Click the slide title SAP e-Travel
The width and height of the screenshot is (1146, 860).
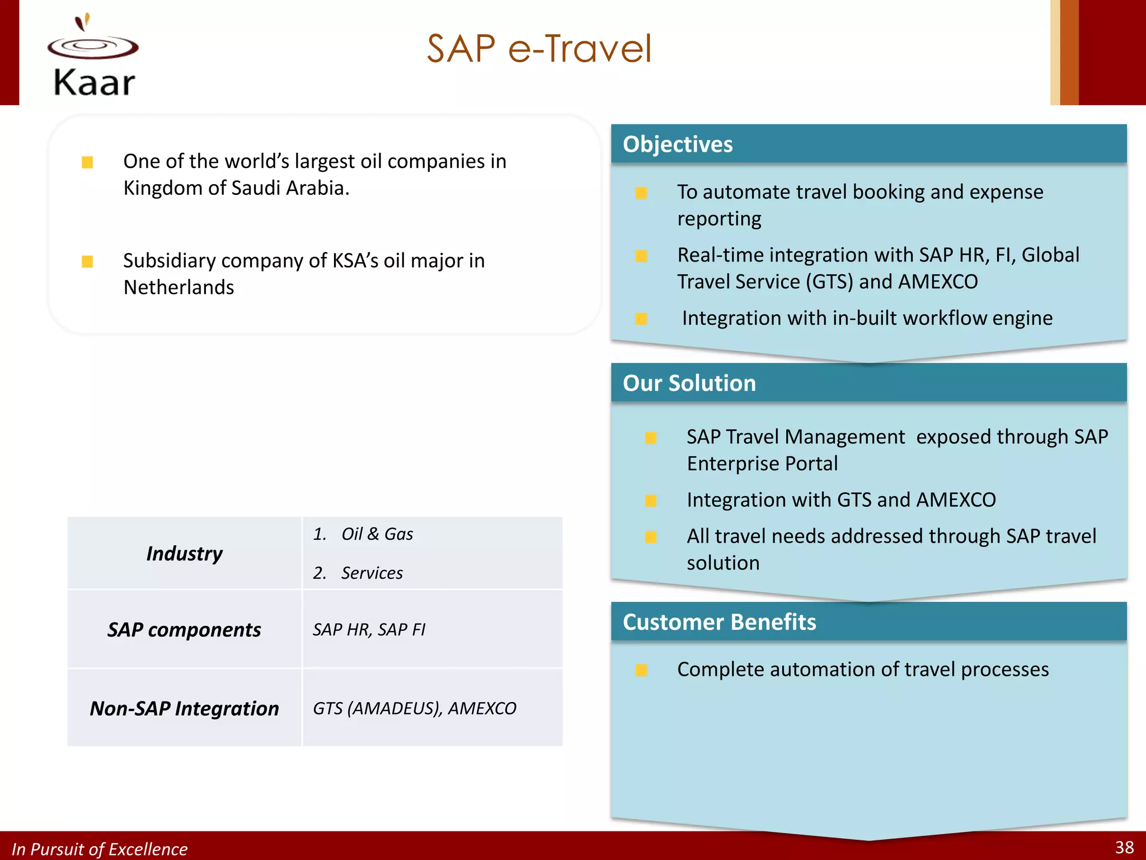(539, 49)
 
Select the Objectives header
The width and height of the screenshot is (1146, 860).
(678, 144)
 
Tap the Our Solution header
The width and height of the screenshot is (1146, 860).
(689, 384)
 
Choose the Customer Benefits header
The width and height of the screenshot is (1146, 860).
(719, 622)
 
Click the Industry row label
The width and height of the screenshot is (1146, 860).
(184, 554)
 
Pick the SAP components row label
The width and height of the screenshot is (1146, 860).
(184, 630)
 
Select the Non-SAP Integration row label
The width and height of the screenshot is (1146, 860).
(184, 709)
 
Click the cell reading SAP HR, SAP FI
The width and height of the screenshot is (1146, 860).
(369, 630)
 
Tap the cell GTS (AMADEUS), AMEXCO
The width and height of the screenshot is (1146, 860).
(414, 709)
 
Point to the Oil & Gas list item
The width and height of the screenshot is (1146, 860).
(377, 534)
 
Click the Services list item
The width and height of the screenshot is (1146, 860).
(372, 573)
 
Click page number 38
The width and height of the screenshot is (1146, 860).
(1124, 847)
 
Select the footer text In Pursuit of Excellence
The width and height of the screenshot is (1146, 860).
(100, 849)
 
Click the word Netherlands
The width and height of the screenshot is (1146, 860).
(179, 288)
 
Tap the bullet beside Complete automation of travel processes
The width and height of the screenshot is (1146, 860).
(641, 670)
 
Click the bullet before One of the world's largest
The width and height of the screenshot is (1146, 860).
(87, 162)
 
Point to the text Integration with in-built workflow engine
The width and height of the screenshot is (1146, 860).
(867, 318)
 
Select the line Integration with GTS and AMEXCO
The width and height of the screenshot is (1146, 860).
(841, 500)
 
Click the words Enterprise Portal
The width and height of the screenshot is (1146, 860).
(762, 464)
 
